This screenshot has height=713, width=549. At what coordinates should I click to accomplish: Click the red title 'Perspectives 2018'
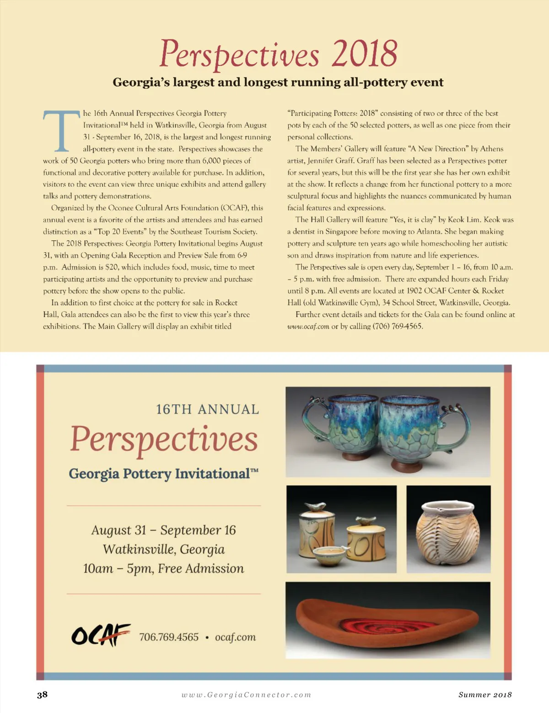click(x=278, y=54)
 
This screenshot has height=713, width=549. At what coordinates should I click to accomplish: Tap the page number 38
click(x=42, y=695)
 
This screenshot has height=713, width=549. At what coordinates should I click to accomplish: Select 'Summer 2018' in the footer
click(x=485, y=695)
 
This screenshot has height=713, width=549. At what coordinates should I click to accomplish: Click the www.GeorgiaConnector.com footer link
click(x=246, y=695)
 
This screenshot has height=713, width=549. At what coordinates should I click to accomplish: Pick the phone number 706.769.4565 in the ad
click(x=169, y=637)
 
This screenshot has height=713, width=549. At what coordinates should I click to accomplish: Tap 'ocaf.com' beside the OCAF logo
click(x=235, y=637)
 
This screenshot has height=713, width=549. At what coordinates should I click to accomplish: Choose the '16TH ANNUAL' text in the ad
click(x=207, y=409)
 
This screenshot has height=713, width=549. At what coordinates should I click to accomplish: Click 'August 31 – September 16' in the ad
click(x=163, y=530)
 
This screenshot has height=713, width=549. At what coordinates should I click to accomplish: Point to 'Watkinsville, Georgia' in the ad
click(x=163, y=549)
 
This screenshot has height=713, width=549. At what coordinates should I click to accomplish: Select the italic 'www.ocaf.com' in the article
click(x=308, y=326)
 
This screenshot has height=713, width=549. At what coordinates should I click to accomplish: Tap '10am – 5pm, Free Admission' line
click(x=163, y=568)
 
